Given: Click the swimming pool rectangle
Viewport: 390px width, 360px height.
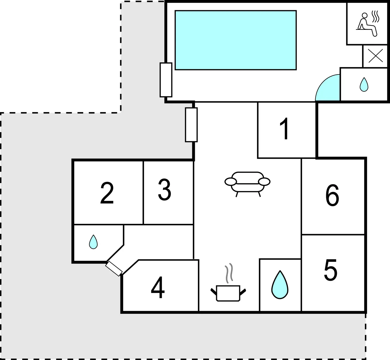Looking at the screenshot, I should click(x=235, y=40).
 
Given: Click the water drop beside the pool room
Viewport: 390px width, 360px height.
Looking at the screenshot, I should click(x=364, y=84).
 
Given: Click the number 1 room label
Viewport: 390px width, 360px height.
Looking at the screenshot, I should click(x=284, y=129).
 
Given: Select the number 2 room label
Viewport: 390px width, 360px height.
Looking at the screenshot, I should click(x=107, y=193).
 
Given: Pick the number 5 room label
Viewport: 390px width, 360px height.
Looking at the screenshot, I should click(x=331, y=270).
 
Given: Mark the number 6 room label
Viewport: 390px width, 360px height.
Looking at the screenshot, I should click(x=332, y=195).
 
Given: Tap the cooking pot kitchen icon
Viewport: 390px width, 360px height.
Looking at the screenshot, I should click(x=228, y=293).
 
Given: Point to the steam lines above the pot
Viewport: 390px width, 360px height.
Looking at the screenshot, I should click(x=229, y=273).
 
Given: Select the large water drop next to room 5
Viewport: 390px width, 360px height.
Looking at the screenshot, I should click(x=280, y=285).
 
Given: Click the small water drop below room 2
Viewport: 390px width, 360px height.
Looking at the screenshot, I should click(x=93, y=242).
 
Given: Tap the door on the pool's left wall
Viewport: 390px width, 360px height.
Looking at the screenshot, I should click(x=166, y=80).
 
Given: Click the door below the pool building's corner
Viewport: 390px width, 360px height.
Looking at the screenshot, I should click(x=191, y=125).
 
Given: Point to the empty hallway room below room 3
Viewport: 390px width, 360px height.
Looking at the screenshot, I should click(x=159, y=242).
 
